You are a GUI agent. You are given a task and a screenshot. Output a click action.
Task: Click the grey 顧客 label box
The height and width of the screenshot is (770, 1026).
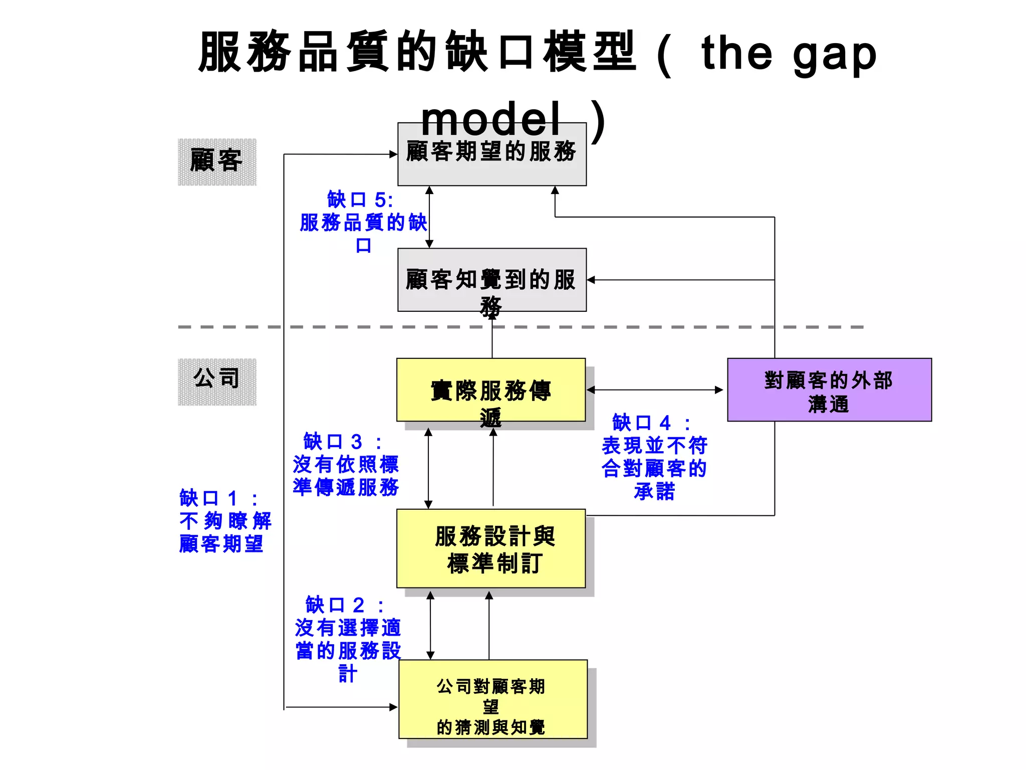pyautogui.click(x=217, y=162)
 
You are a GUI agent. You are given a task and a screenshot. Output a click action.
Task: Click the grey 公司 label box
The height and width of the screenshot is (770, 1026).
pyautogui.click(x=217, y=381)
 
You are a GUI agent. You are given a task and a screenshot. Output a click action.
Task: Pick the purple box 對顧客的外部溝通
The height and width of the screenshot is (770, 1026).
pyautogui.click(x=829, y=390)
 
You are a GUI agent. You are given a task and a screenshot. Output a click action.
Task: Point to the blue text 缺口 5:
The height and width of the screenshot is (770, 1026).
pyautogui.click(x=360, y=200)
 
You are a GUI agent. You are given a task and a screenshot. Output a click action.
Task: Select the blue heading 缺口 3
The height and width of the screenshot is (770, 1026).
pyautogui.click(x=343, y=442)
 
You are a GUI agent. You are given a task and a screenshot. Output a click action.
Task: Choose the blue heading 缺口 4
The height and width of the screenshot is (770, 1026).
pyautogui.click(x=651, y=423)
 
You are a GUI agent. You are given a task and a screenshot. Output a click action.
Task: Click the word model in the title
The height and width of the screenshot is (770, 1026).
pyautogui.click(x=490, y=119)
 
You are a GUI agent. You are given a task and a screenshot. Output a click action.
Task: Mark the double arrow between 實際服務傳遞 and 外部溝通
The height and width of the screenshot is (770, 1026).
pyautogui.click(x=655, y=390)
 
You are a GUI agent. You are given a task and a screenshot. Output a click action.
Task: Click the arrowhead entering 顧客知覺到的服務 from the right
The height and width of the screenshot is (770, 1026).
pyautogui.click(x=591, y=280)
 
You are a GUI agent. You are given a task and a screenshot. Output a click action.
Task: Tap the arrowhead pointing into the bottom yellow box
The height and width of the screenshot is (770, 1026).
pyautogui.click(x=393, y=707)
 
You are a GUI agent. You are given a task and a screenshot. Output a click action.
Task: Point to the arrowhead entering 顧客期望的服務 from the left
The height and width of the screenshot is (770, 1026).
pyautogui.click(x=393, y=154)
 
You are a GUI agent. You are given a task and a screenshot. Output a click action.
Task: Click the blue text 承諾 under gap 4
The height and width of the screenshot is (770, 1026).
pyautogui.click(x=654, y=491)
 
